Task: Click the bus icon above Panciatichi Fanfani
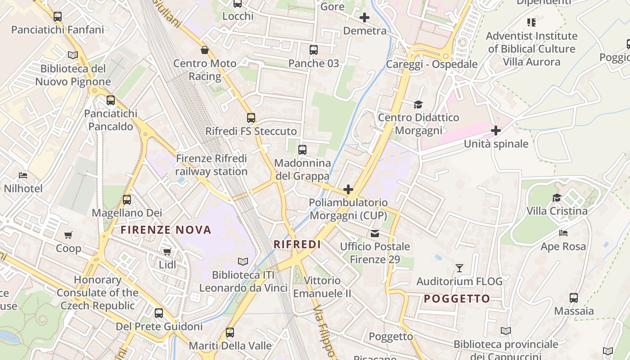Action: [x=58, y=17]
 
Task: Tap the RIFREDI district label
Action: [x=297, y=244]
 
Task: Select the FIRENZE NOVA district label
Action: [x=166, y=230]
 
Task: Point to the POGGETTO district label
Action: [x=457, y=299]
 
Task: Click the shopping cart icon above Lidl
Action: [x=167, y=252]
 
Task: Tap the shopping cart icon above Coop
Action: [x=68, y=235]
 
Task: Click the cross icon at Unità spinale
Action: [x=496, y=130]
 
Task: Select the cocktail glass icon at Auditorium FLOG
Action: [x=459, y=268]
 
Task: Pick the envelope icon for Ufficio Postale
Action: [x=375, y=234]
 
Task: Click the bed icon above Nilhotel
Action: [x=23, y=175]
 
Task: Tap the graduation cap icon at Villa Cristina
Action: [x=557, y=198]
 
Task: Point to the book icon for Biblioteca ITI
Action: [x=243, y=261]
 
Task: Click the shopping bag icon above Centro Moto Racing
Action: [x=205, y=50]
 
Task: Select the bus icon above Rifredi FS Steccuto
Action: [x=251, y=118]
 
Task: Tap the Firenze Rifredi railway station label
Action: [x=211, y=165]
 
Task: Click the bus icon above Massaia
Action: [x=574, y=297]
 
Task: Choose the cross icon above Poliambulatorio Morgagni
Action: [x=348, y=189]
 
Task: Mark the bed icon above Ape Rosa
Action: [x=563, y=233]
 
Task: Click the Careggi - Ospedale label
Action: [x=432, y=64]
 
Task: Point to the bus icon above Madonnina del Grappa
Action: [x=302, y=150]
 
